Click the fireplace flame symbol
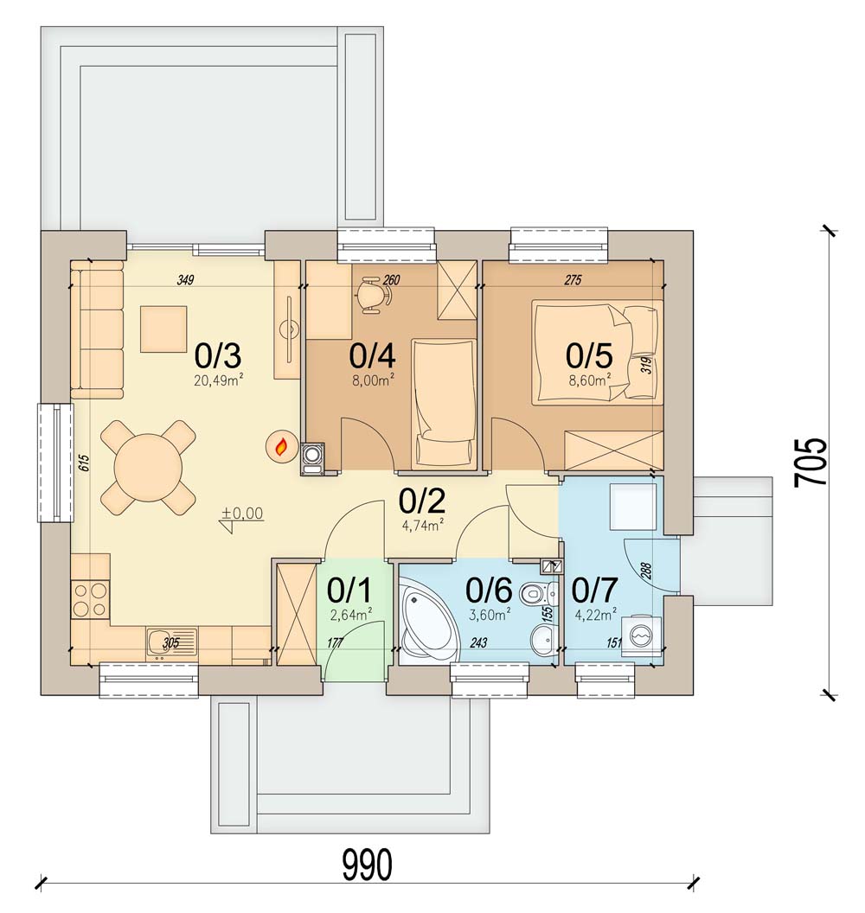[281, 447]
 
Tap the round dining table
[147, 467]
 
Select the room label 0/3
[218, 355]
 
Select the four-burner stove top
[90, 600]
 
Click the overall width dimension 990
[366, 865]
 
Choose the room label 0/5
[588, 355]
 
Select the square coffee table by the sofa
[163, 329]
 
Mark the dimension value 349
[185, 280]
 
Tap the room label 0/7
[593, 591]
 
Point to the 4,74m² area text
[423, 526]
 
